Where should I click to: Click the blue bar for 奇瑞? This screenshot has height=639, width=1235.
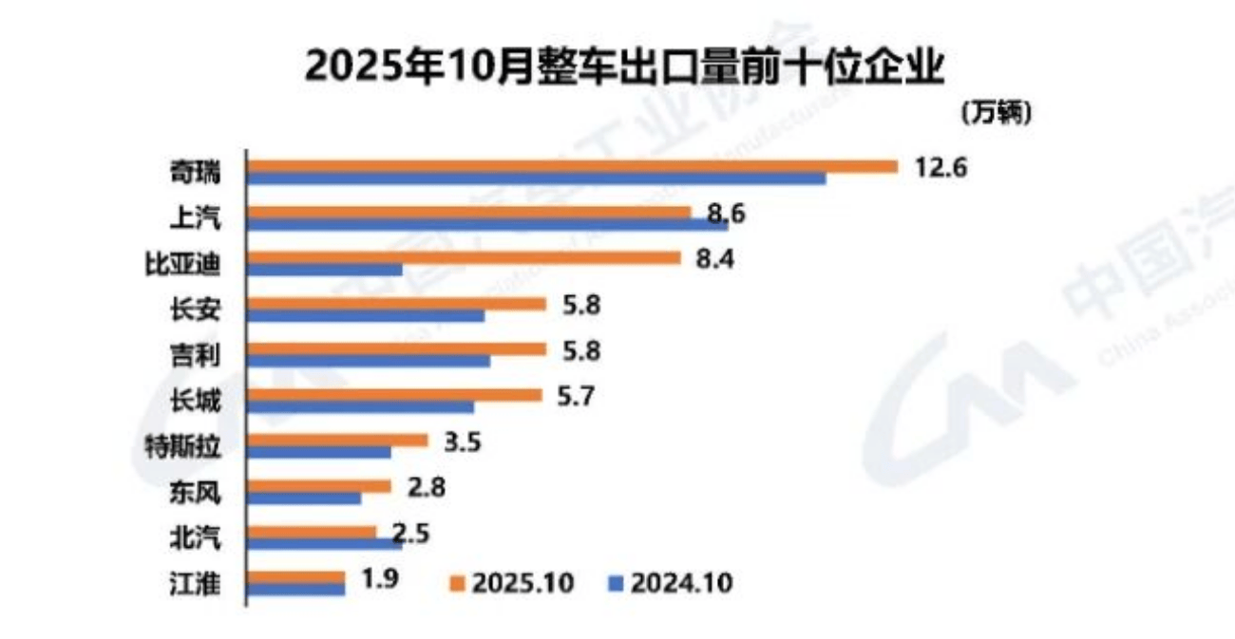pyautogui.click(x=537, y=179)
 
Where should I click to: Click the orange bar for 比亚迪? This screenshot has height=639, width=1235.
pyautogui.click(x=465, y=257)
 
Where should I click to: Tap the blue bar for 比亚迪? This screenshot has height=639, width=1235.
pyautogui.click(x=325, y=270)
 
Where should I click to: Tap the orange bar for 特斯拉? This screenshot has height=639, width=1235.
pyautogui.click(x=338, y=441)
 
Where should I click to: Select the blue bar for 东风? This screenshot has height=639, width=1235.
pyautogui.click(x=305, y=498)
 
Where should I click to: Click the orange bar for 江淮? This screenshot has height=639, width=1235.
pyautogui.click(x=296, y=577)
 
